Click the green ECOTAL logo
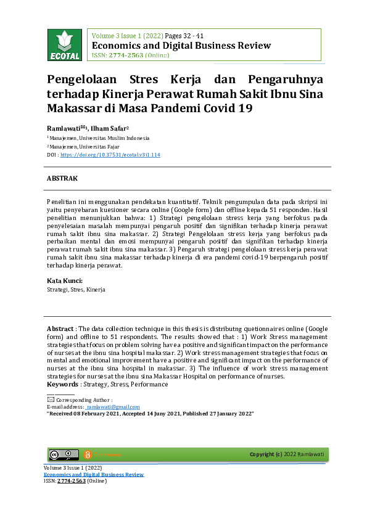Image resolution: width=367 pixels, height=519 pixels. tap(64, 45)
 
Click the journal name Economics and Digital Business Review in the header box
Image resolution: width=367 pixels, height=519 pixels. tap(181, 46)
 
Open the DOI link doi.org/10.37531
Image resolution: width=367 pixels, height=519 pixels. tap(110, 155)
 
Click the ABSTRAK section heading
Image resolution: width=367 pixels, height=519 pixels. tap(62, 178)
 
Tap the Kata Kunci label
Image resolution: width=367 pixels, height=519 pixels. tap(65, 281)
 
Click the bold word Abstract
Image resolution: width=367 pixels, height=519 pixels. tap(59, 329)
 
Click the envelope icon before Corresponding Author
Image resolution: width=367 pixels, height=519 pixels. tap(51, 399)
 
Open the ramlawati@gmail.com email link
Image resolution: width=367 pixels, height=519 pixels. tap(113, 407)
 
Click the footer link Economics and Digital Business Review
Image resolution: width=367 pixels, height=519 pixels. tap(93, 475)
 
